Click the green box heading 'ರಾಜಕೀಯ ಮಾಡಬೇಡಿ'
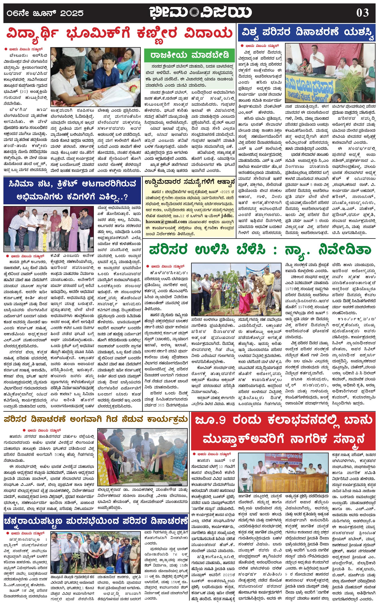coord(189,55)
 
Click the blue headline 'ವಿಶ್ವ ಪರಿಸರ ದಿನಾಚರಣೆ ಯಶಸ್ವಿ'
coord(308,32)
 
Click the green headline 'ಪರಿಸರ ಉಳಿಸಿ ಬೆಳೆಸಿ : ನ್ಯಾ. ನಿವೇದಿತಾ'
coord(260,250)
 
